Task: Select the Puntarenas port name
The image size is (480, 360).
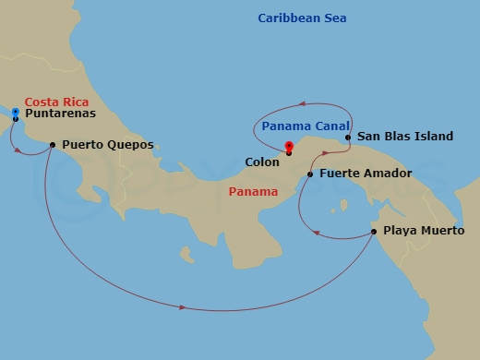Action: pos(60,115)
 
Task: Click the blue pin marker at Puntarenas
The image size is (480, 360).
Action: pos(16,112)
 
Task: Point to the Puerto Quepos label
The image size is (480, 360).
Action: pos(107,145)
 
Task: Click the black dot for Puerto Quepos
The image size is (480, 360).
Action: pos(52,144)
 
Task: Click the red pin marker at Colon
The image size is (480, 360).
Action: pos(289,146)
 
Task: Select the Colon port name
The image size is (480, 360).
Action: pos(261,162)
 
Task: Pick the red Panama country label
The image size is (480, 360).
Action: pos(252,192)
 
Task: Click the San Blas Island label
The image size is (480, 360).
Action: pos(404,137)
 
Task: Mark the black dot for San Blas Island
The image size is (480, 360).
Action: pos(348,138)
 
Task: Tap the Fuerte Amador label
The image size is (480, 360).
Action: pos(365,174)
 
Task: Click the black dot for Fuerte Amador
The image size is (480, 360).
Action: pos(310,174)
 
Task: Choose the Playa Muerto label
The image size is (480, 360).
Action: pos(424,231)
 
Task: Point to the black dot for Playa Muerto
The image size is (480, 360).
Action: pos(374,231)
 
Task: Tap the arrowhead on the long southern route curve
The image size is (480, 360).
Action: pos(184,306)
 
